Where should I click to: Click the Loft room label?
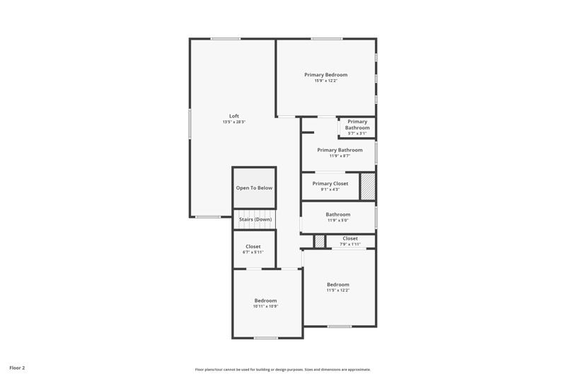(x=233, y=116)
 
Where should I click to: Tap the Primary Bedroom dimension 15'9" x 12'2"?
(x=325, y=81)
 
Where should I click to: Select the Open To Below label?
(x=254, y=188)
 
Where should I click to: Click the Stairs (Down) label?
(x=255, y=219)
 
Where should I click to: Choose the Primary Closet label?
(x=330, y=183)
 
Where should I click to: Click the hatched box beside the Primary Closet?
(x=368, y=186)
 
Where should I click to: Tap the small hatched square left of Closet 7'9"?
(x=320, y=241)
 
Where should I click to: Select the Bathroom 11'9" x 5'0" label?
(x=337, y=214)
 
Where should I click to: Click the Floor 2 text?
(x=17, y=368)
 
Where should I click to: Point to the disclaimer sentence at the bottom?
(x=283, y=369)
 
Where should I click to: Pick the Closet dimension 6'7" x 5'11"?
(x=253, y=253)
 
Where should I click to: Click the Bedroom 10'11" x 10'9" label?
(x=265, y=301)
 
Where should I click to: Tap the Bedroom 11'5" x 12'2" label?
(x=337, y=284)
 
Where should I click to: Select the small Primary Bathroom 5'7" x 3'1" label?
(x=357, y=124)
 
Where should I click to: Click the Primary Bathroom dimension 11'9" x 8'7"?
(x=340, y=156)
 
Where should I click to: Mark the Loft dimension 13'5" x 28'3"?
(x=233, y=122)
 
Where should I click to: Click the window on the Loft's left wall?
(x=190, y=123)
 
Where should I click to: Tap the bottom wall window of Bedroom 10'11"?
(x=266, y=338)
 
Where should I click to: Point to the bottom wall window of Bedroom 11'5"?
(x=340, y=326)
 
